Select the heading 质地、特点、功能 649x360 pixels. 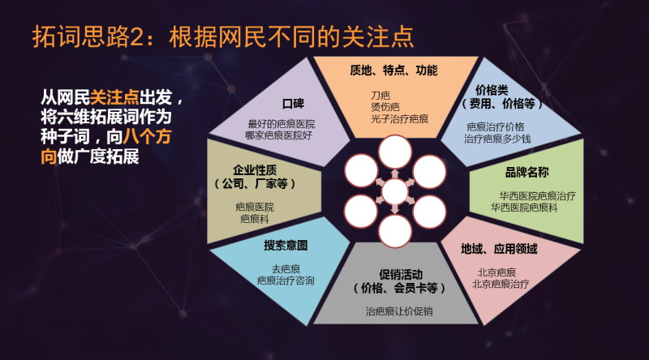click(x=393, y=71)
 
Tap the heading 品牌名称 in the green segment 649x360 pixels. click(x=527, y=173)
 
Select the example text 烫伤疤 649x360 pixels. click(x=385, y=107)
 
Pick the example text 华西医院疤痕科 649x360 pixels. click(x=527, y=208)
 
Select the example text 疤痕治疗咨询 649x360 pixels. click(x=286, y=280)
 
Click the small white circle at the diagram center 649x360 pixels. click(x=395, y=192)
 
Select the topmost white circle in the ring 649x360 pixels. click(x=395, y=152)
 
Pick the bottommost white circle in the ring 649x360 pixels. click(x=395, y=231)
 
